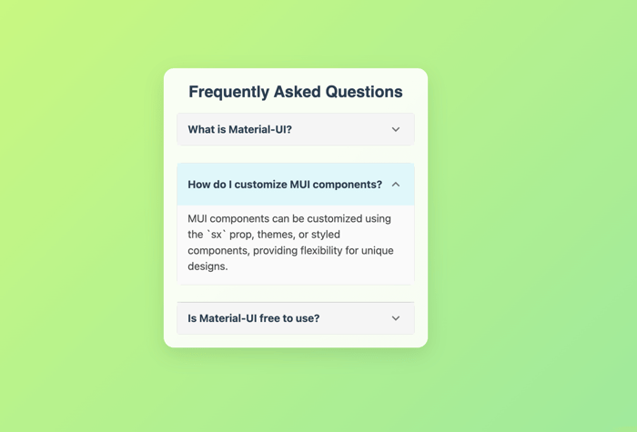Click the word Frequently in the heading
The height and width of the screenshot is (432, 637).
tap(228, 92)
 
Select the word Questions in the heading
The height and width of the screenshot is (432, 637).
tap(364, 92)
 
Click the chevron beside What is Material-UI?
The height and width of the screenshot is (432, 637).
tap(396, 129)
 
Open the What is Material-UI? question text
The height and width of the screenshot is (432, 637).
tap(239, 129)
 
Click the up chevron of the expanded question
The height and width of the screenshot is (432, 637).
tap(396, 185)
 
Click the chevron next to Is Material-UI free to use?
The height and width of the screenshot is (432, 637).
tap(396, 318)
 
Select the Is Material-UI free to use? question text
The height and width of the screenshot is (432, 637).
tap(254, 318)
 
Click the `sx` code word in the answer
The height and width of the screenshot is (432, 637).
tap(217, 235)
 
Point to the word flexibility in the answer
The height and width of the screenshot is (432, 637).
tap(321, 250)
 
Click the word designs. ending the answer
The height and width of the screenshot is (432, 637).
tap(207, 266)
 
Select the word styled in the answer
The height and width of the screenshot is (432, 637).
tap(325, 235)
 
